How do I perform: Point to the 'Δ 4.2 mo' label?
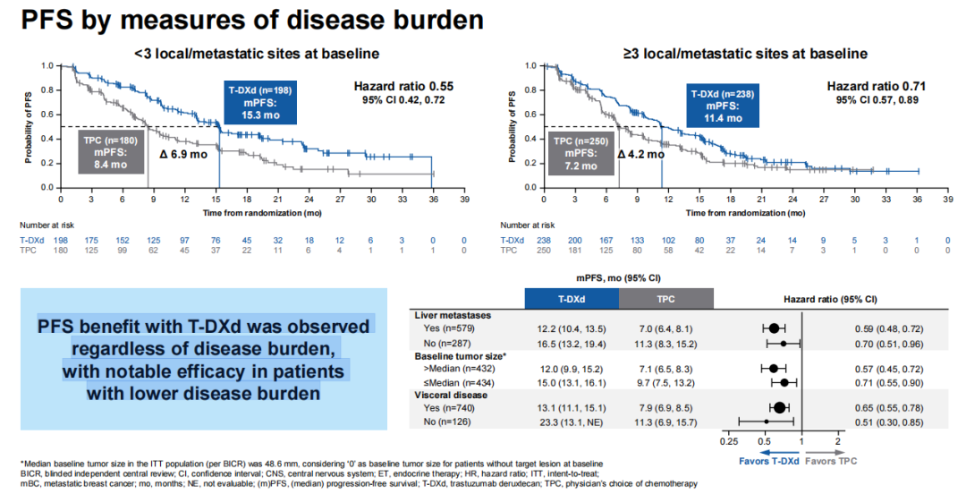click(x=641, y=154)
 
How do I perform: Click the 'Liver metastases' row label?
click(x=453, y=316)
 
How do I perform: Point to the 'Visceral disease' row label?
click(x=451, y=394)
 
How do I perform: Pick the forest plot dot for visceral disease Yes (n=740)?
click(x=779, y=407)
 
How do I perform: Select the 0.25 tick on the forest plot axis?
click(x=730, y=441)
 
